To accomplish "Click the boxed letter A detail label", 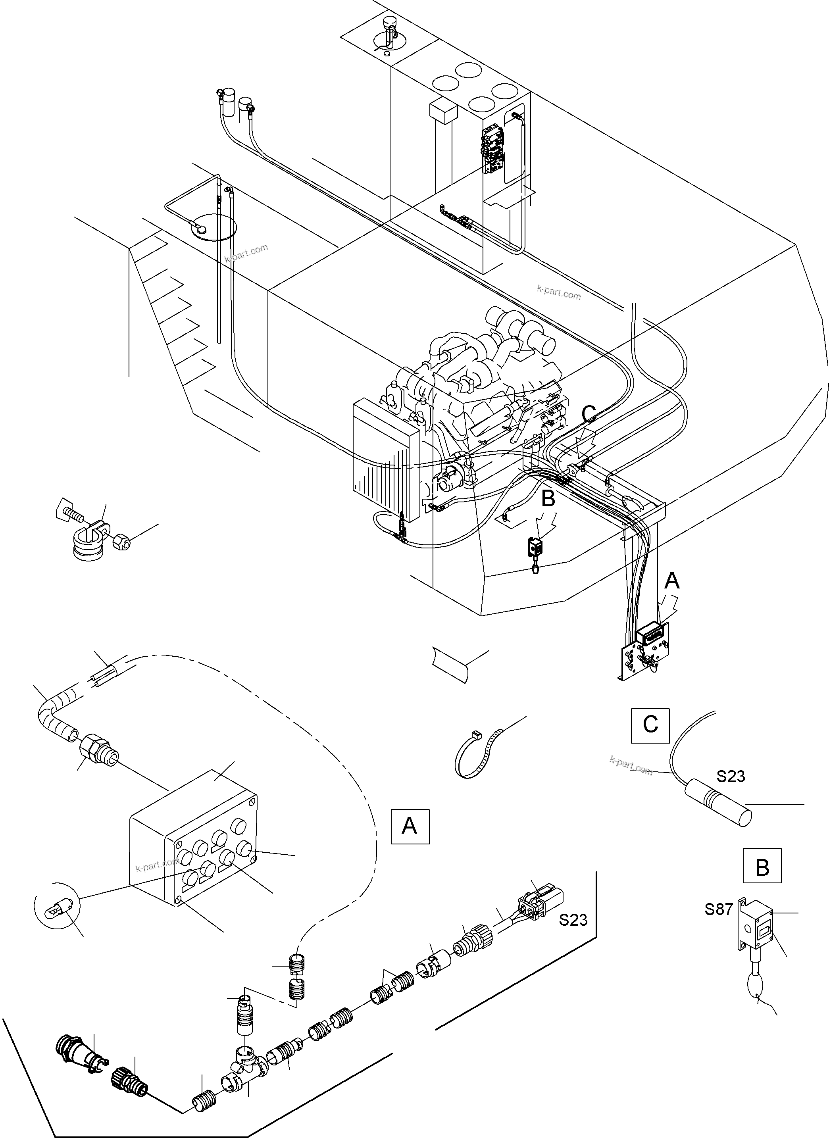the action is pos(410,825).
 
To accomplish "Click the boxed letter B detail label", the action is pos(762,865).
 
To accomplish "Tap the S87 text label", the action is pos(719,909).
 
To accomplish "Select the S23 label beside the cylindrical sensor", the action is pos(730,776).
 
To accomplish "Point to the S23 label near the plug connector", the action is pos(573,920).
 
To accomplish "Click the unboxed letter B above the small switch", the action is pos(548,498).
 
